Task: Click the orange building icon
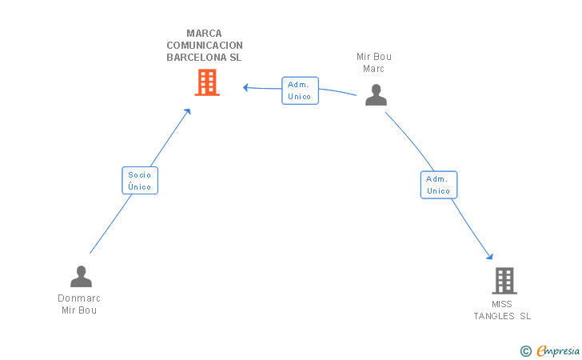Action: (x=207, y=82)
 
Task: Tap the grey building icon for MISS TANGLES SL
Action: (x=504, y=281)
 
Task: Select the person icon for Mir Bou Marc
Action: (x=376, y=94)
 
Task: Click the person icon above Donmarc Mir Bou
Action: (x=81, y=277)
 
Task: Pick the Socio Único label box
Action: (x=140, y=181)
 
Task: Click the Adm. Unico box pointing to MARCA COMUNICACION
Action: (x=300, y=90)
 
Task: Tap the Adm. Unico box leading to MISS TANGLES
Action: (x=439, y=185)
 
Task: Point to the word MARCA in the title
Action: (x=204, y=34)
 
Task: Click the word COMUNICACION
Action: (x=205, y=46)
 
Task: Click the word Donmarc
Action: (x=79, y=298)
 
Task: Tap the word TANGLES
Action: (x=494, y=316)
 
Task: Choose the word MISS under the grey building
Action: (x=502, y=304)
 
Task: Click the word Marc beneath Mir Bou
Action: (x=374, y=69)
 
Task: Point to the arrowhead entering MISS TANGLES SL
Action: (x=490, y=256)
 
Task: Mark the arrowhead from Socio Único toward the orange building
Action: (x=187, y=111)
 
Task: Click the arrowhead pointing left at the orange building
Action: (x=245, y=88)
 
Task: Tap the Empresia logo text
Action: (x=558, y=350)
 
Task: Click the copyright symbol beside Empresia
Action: (x=525, y=351)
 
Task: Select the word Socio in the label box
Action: (x=140, y=175)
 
